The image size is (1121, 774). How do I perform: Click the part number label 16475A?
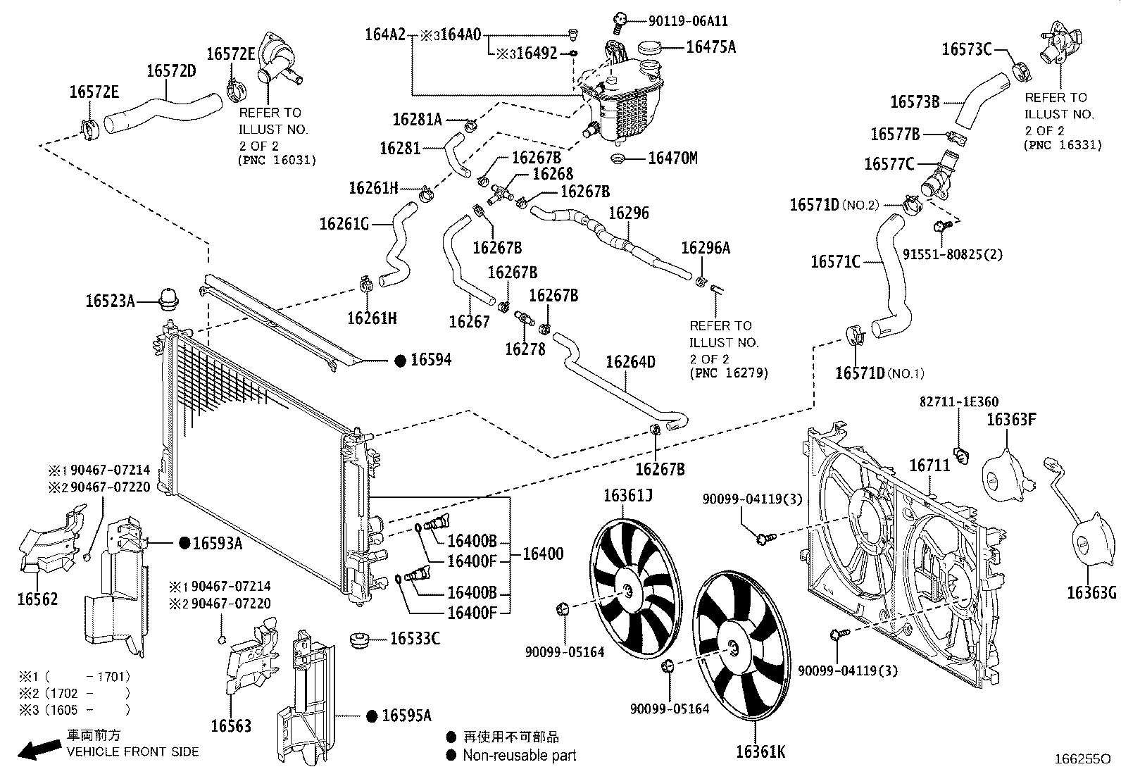(710, 47)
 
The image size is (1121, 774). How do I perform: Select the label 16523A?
(111, 301)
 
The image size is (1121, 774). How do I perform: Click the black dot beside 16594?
(400, 361)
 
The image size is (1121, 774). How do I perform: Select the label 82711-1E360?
(958, 402)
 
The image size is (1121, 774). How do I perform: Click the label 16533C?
(415, 639)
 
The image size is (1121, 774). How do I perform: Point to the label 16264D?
(630, 362)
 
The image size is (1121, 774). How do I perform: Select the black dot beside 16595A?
(372, 716)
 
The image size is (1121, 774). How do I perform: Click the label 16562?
(37, 599)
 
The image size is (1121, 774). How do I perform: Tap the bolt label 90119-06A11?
(678, 22)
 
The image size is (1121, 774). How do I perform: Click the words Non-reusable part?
(519, 756)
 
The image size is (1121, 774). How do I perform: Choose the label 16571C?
(835, 262)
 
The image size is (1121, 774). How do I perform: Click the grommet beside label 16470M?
(619, 158)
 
